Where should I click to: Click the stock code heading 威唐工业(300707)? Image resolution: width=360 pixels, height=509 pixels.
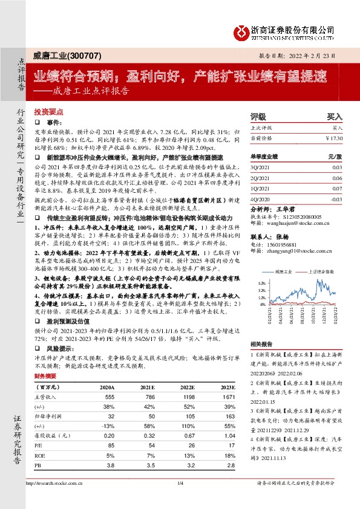pos(61,55)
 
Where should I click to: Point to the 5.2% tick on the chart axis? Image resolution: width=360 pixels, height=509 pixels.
pos(261,282)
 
